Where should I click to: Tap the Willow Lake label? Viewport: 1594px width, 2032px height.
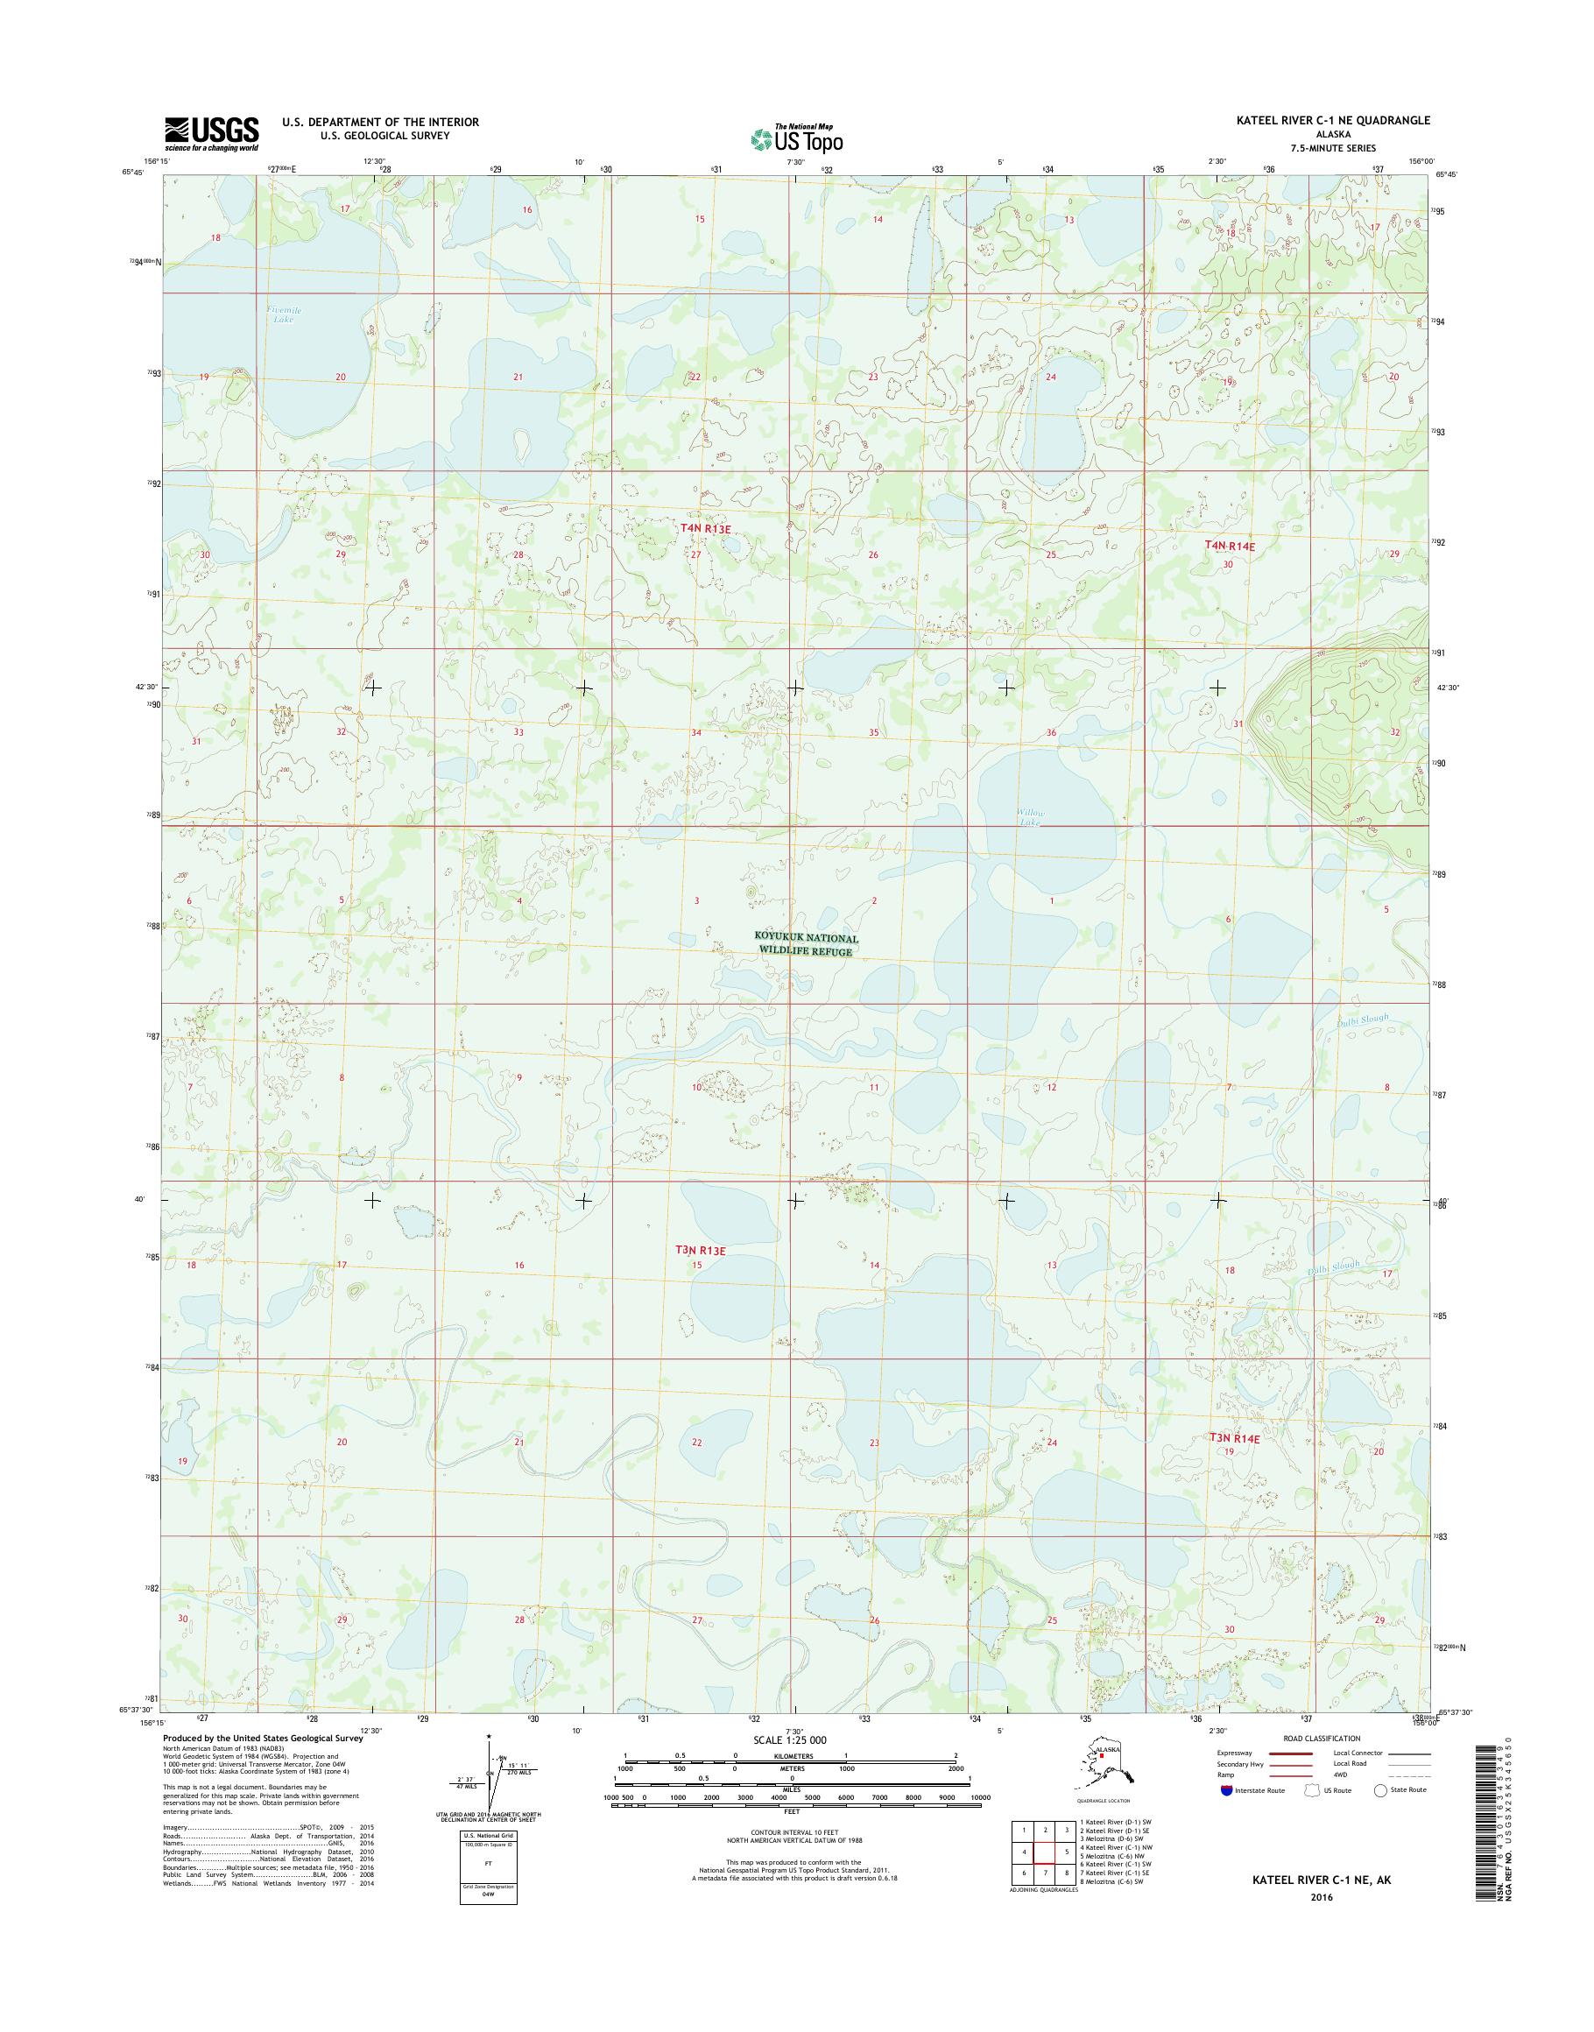click(x=1030, y=818)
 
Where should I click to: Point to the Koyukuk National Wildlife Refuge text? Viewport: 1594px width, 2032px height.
click(x=807, y=944)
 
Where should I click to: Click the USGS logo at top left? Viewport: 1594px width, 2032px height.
click(x=212, y=134)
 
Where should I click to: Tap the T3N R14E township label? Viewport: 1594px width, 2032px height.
click(x=1234, y=1464)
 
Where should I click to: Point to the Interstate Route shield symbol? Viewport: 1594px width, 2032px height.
click(x=1225, y=1790)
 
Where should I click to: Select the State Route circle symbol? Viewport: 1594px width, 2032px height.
click(x=1380, y=1790)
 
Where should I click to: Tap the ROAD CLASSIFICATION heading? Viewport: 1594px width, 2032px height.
click(x=1321, y=1739)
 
